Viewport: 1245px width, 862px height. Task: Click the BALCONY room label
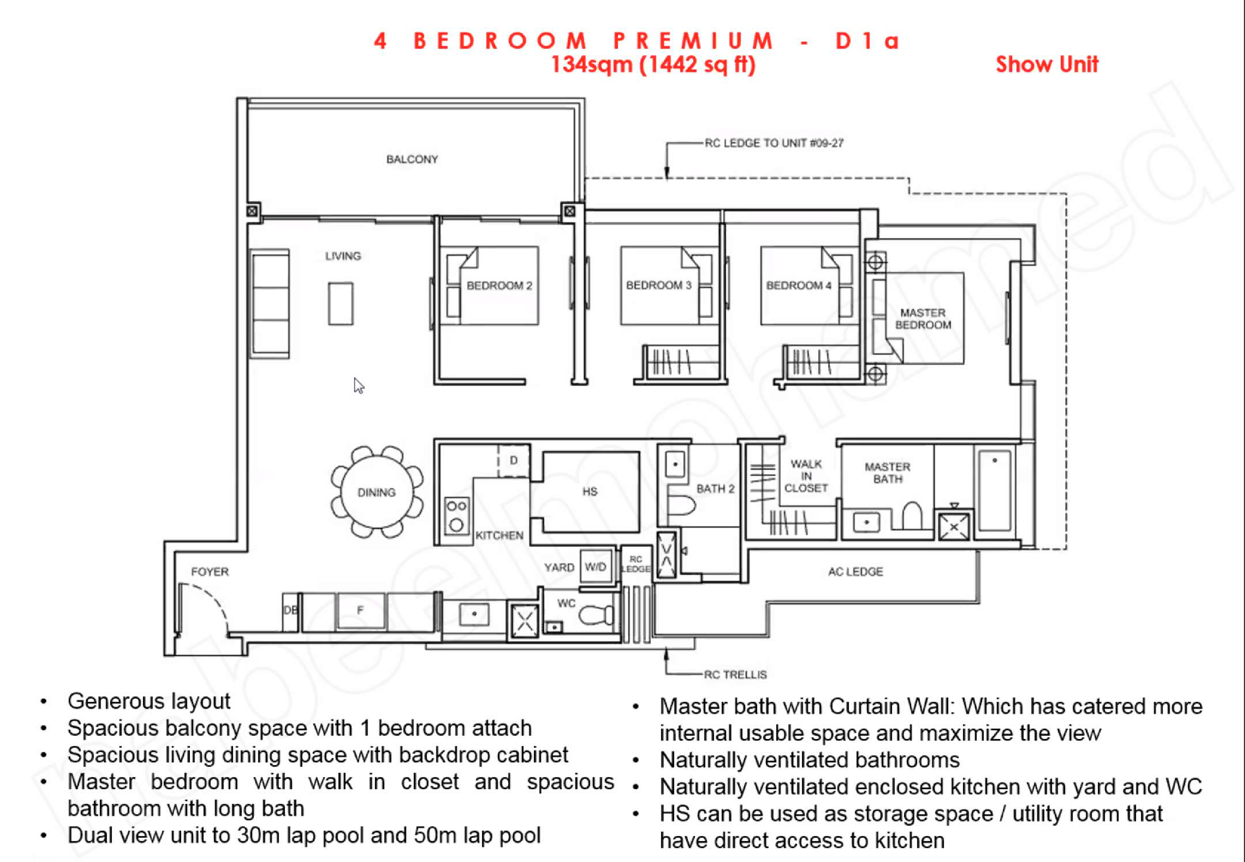click(412, 159)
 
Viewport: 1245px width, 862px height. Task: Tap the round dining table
click(377, 492)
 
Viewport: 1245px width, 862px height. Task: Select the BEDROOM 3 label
click(659, 285)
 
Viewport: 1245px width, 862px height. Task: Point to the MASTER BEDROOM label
click(923, 319)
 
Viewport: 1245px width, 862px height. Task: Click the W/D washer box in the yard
click(596, 567)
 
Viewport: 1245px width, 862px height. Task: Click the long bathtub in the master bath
click(994, 490)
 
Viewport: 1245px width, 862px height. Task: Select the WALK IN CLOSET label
click(806, 476)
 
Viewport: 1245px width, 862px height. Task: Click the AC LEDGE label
click(855, 572)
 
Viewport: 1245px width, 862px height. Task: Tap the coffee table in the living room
click(340, 304)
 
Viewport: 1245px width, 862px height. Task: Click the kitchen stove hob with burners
click(456, 516)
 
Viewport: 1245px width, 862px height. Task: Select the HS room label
click(590, 492)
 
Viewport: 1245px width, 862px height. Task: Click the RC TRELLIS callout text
click(735, 675)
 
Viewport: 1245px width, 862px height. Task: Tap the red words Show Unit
click(1047, 64)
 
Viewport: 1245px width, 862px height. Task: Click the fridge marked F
click(360, 611)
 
